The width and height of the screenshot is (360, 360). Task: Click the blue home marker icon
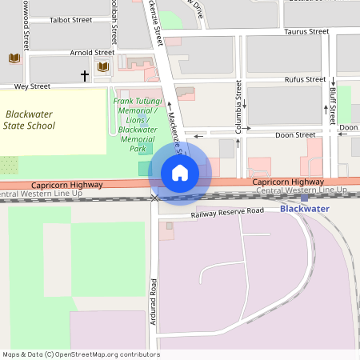[x=180, y=173]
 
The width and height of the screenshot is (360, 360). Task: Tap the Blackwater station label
[x=304, y=209]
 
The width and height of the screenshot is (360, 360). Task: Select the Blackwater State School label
[x=30, y=120]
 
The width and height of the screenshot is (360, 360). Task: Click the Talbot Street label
[x=70, y=20]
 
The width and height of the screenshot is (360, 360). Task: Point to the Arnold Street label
[x=91, y=53]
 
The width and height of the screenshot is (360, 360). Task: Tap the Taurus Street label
[x=306, y=32]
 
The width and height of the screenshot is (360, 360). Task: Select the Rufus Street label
[x=304, y=79]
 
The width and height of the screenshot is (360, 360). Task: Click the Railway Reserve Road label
[x=227, y=212]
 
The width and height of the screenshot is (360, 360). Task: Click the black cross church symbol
[x=84, y=75]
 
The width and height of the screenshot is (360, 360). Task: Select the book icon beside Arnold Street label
[x=102, y=67]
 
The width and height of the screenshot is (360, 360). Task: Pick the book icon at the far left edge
[x=14, y=58]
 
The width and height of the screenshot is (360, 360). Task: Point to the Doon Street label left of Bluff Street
[x=295, y=135]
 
